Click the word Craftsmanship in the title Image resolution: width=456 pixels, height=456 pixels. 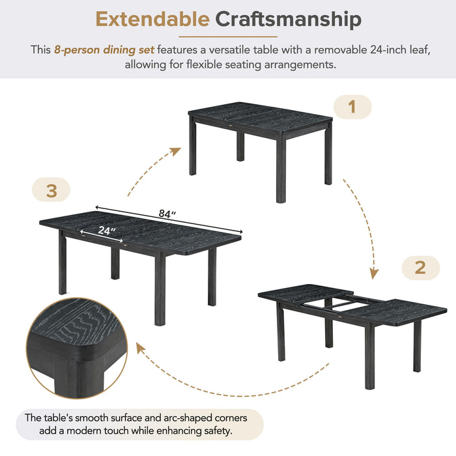click(288, 20)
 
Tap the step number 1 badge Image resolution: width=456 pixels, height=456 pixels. click(352, 107)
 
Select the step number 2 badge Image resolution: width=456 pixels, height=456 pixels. click(420, 268)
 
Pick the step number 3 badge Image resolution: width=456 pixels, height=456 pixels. click(51, 190)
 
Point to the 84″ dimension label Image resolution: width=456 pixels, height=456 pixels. click(168, 213)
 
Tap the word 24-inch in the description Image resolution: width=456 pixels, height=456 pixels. click(360, 49)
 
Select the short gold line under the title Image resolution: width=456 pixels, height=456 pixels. click(227, 36)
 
